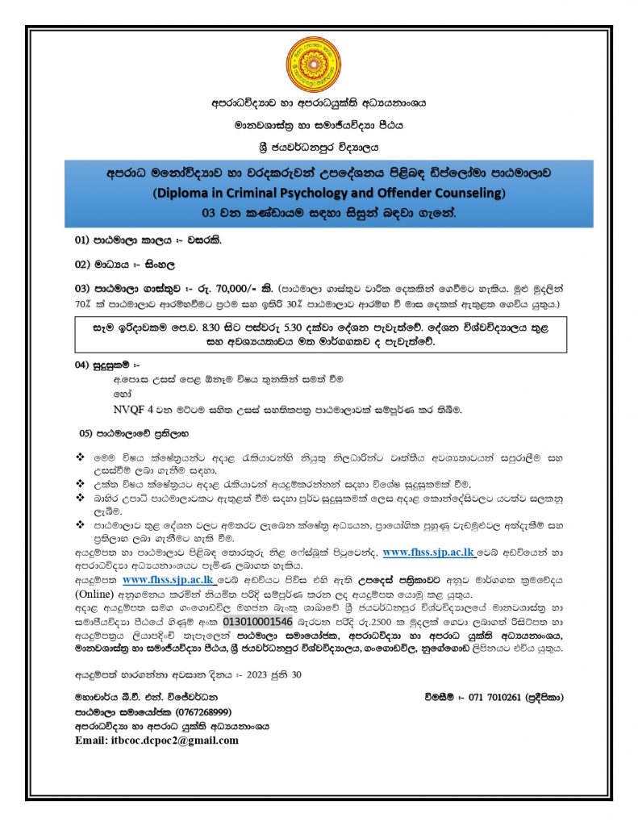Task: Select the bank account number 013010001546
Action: tap(257, 621)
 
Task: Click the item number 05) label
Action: tap(87, 432)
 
